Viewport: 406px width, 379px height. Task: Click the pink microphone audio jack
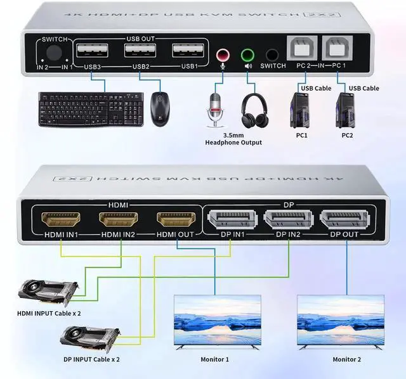point(223,55)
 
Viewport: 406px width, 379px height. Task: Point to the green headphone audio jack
point(247,55)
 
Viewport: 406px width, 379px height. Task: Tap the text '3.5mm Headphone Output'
point(233,138)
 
